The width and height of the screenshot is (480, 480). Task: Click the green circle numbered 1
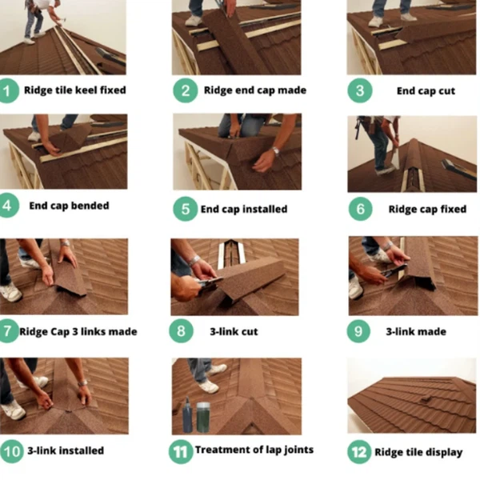coord(8,90)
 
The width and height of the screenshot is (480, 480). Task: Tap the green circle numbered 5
coord(186,209)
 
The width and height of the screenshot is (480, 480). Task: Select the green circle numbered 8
coord(182,331)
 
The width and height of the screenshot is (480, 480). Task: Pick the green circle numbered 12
coord(359,452)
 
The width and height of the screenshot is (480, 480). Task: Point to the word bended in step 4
coord(90,206)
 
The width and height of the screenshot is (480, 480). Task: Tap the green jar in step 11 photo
coord(203,418)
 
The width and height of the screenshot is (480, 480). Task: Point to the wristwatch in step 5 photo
coord(275,151)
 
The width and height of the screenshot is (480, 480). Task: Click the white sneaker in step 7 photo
coord(10,292)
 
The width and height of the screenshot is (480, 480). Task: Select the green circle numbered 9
coord(358,331)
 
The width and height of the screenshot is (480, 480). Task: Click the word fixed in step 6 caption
coord(454,209)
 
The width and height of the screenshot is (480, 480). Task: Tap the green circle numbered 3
coord(360,90)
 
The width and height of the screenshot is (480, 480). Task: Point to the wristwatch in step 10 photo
coord(82,383)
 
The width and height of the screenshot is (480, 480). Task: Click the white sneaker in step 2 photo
coord(194,21)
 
